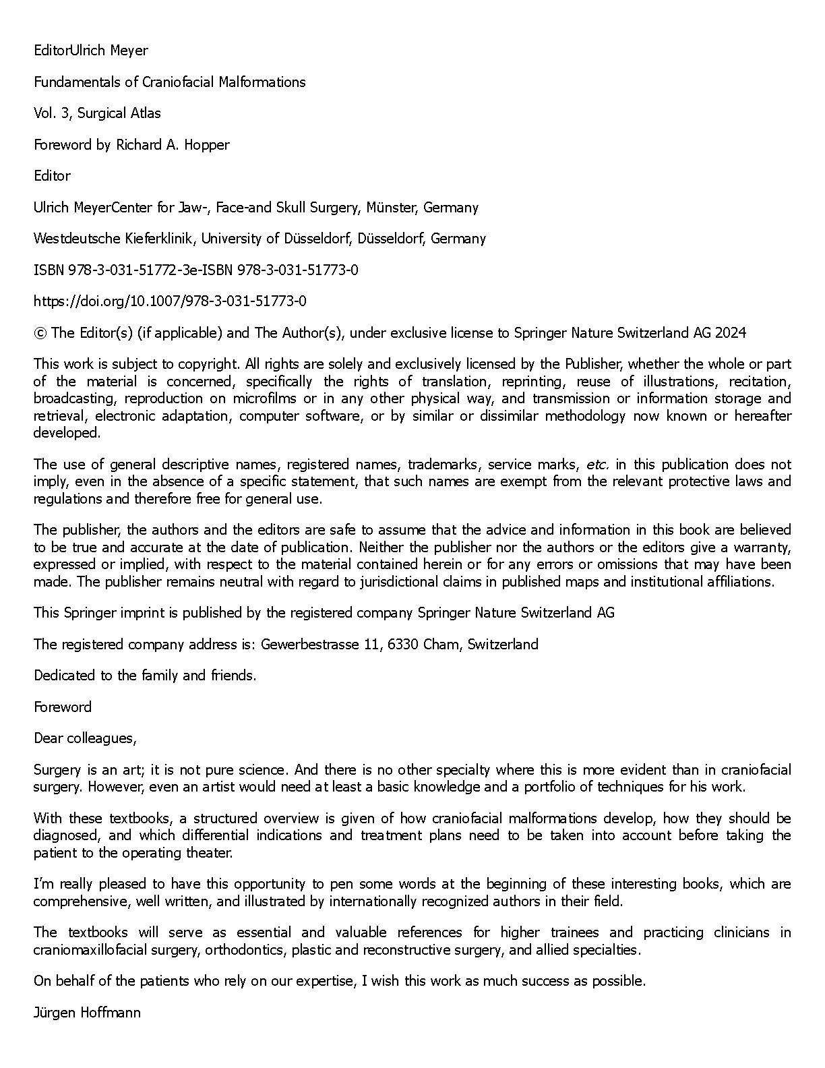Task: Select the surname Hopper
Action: click(x=208, y=145)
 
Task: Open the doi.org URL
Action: click(x=170, y=301)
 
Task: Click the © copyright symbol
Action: click(x=40, y=333)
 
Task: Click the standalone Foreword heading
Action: click(x=63, y=707)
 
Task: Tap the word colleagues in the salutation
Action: click(x=101, y=738)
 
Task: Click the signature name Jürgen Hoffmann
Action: click(x=87, y=1013)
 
